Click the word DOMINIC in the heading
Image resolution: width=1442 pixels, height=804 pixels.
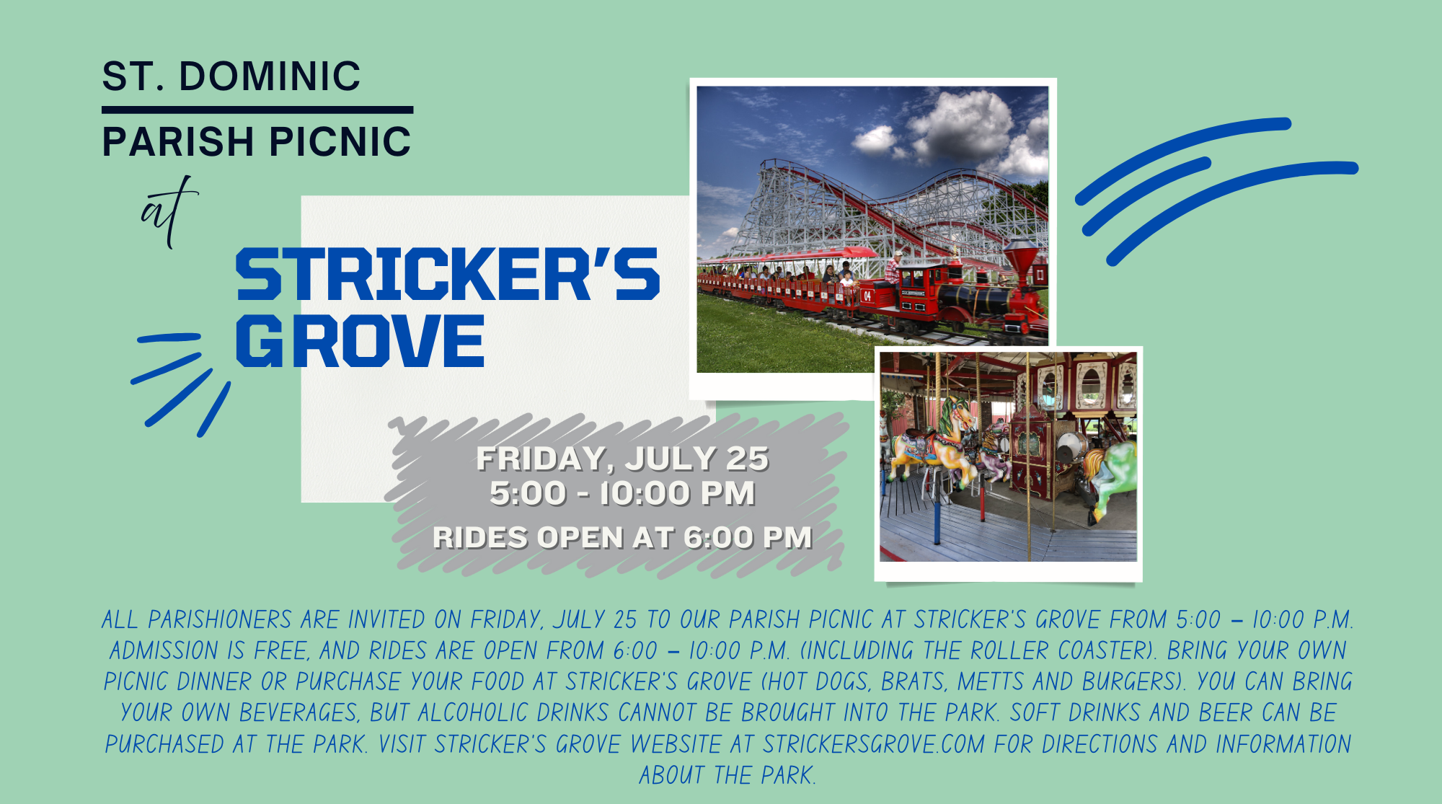coord(270,76)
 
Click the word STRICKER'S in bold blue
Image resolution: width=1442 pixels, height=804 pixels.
coord(448,274)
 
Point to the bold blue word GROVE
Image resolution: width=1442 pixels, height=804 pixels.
coord(360,341)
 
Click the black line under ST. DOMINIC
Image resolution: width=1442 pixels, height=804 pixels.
coord(257,110)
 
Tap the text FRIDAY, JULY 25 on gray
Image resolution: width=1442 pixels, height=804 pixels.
coord(622,459)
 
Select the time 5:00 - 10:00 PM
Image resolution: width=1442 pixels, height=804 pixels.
coord(622,494)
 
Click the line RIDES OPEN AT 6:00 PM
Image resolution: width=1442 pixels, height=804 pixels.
coord(622,538)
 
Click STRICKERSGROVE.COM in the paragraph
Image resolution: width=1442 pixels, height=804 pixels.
coord(874,744)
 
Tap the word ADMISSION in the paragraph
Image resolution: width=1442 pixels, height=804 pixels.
coord(164,651)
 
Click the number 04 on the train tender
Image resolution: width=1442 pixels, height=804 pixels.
coord(867,296)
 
